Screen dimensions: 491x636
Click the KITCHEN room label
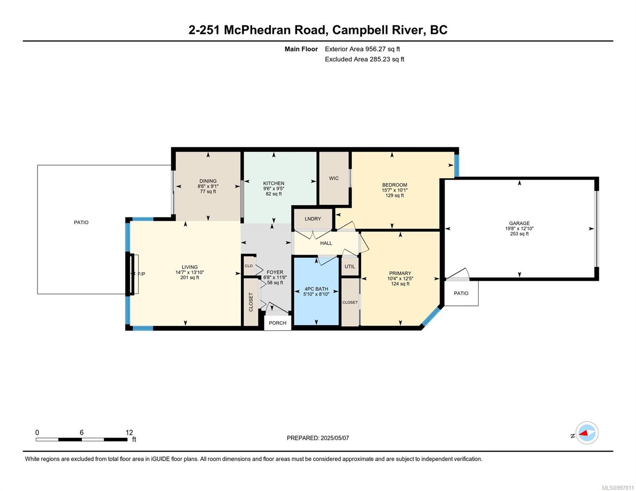[x=274, y=183]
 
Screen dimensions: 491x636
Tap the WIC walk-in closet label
[x=334, y=178]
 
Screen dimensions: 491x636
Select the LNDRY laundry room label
[x=313, y=219]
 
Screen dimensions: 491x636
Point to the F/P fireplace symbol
[x=141, y=274]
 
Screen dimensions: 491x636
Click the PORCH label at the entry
[x=278, y=323]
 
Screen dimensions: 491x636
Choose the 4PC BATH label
[x=316, y=289]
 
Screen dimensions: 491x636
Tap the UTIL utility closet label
[x=350, y=267]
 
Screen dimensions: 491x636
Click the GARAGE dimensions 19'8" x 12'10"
[x=519, y=229]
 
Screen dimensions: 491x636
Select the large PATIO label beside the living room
[x=81, y=222]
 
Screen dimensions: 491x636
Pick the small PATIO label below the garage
[x=461, y=293]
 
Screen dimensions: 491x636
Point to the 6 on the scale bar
[x=81, y=432]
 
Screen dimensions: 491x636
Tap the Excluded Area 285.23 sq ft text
[x=364, y=59]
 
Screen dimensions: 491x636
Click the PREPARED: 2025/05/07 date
[x=318, y=438]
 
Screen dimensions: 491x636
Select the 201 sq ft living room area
[x=190, y=278]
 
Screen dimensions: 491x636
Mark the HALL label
[x=326, y=243]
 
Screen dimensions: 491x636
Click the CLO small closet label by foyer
[x=249, y=266]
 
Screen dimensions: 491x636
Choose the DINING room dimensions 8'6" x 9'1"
[x=208, y=186]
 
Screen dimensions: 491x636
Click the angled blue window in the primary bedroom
[x=432, y=316]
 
